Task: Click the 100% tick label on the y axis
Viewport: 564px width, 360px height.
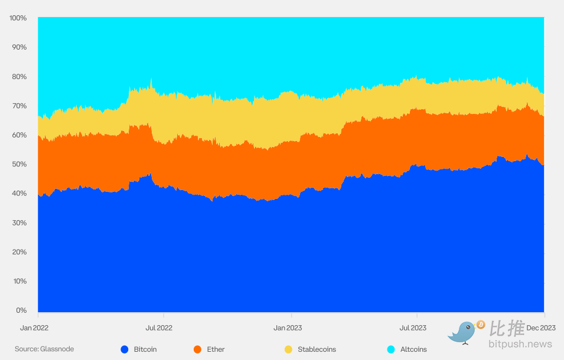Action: pos(18,18)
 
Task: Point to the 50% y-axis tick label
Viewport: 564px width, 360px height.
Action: pos(19,164)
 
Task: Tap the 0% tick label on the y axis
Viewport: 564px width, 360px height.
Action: pos(22,310)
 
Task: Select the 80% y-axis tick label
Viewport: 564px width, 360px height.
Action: pos(19,77)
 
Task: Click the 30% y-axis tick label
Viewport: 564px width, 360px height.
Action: pos(19,223)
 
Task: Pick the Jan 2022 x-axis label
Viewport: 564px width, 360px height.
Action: pos(34,328)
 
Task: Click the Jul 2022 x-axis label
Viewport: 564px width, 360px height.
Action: pos(159,328)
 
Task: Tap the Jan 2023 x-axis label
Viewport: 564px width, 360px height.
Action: pos(288,328)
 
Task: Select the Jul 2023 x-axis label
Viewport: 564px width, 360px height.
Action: pos(413,328)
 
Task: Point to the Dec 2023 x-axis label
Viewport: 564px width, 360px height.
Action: pos(542,328)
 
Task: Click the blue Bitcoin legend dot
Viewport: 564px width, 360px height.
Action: pos(125,349)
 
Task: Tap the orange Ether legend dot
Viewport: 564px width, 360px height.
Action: pos(198,349)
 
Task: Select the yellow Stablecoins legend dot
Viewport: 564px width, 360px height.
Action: pos(288,349)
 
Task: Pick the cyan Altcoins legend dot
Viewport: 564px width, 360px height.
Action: pos(390,349)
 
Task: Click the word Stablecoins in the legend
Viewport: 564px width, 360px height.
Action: pos(318,349)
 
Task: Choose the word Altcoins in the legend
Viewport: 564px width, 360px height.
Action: pos(413,349)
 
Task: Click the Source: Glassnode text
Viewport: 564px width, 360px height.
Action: pos(44,349)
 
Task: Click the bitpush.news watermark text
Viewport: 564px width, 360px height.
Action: pos(520,344)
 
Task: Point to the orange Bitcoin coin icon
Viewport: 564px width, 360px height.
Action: pos(481,325)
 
